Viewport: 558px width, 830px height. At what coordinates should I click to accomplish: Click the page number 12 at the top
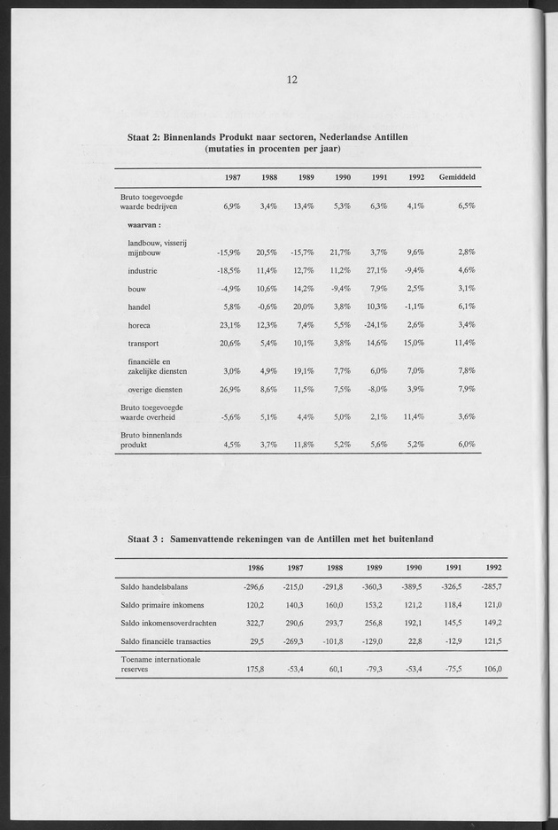pyautogui.click(x=292, y=80)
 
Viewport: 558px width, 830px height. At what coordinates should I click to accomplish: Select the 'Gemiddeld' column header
pyautogui.click(x=457, y=178)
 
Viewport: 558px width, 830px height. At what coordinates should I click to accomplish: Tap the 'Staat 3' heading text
pyautogui.click(x=280, y=538)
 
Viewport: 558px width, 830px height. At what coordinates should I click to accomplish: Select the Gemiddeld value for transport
pyautogui.click(x=463, y=343)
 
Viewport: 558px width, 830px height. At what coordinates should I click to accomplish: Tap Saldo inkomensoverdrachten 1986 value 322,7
pyautogui.click(x=253, y=623)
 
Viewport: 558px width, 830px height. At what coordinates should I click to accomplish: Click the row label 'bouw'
pyautogui.click(x=136, y=289)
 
